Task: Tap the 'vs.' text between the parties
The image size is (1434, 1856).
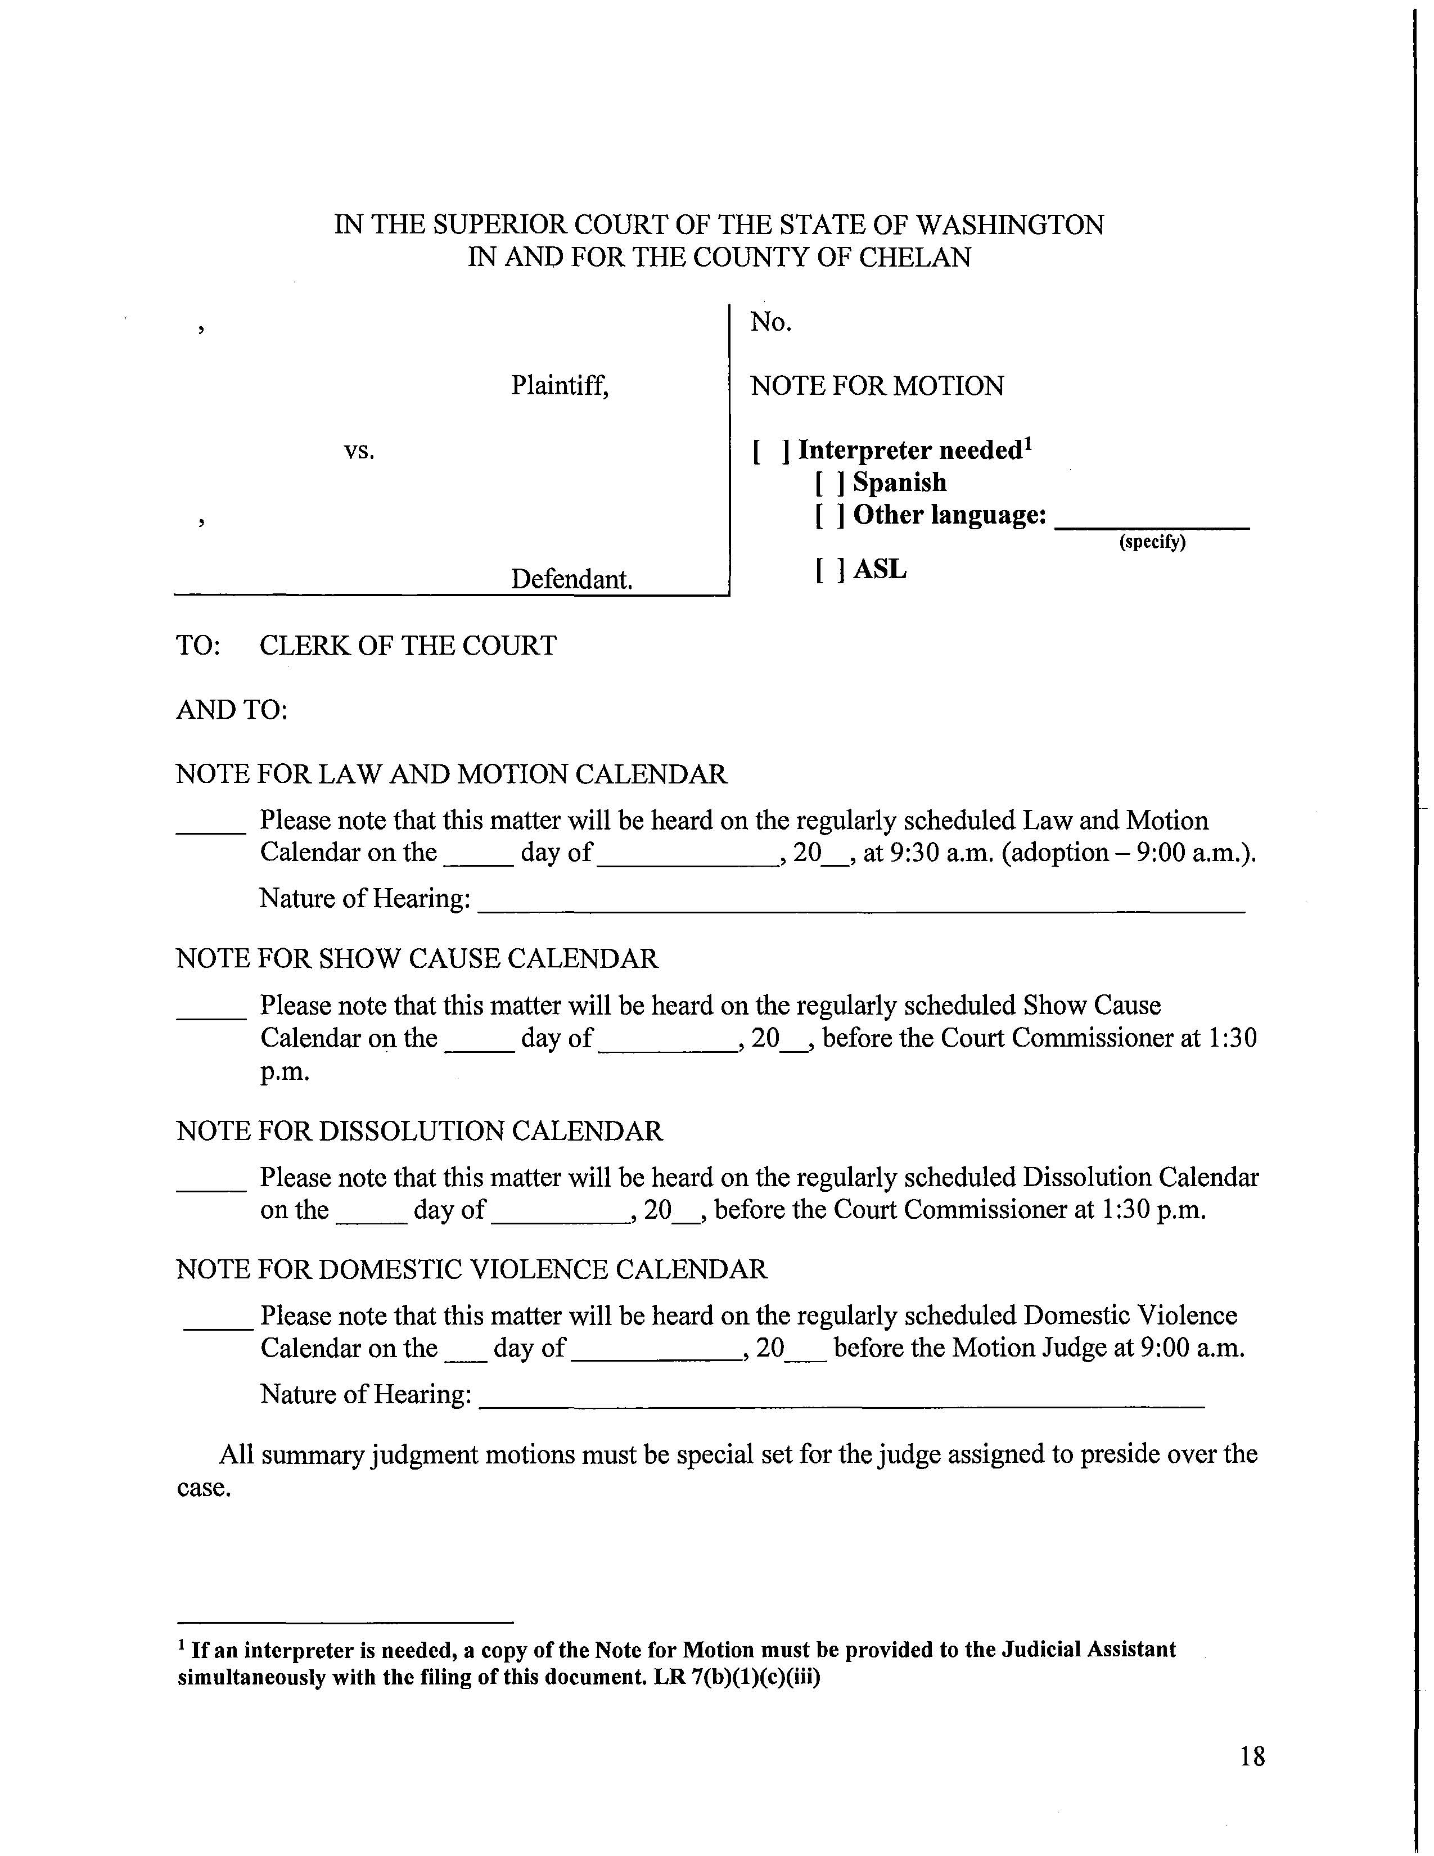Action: [359, 451]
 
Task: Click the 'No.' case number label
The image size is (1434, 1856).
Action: [770, 322]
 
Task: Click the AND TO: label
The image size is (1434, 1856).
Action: [232, 710]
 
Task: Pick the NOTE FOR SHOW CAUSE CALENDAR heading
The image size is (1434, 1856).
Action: [416, 958]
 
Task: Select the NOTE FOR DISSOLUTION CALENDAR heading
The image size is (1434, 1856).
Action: [419, 1131]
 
